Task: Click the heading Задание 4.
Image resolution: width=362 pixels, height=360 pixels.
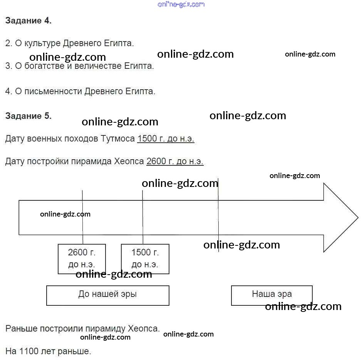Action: pyautogui.click(x=28, y=21)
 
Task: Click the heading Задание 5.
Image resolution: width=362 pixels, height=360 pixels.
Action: pyautogui.click(x=28, y=116)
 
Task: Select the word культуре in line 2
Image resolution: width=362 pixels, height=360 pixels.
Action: pyautogui.click(x=42, y=43)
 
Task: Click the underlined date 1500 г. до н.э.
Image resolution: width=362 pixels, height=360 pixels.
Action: pyautogui.click(x=166, y=138)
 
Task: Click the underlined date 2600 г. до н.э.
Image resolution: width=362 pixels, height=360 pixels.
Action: pyautogui.click(x=175, y=162)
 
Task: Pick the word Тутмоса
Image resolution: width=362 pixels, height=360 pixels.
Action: pyautogui.click(x=117, y=138)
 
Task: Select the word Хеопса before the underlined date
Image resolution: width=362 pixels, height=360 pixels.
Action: pyautogui.click(x=129, y=162)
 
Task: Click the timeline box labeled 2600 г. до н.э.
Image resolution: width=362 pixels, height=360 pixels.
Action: pyautogui.click(x=82, y=258)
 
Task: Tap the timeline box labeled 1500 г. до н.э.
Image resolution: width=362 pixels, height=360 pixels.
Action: pyautogui.click(x=145, y=258)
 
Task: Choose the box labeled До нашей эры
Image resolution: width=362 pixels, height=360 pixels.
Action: pyautogui.click(x=107, y=295)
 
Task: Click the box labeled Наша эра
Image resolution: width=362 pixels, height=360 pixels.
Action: pyautogui.click(x=271, y=295)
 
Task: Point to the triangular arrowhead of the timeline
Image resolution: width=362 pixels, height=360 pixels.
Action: pyautogui.click(x=339, y=217)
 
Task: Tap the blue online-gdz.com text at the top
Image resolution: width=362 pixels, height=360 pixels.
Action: pyautogui.click(x=181, y=5)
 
